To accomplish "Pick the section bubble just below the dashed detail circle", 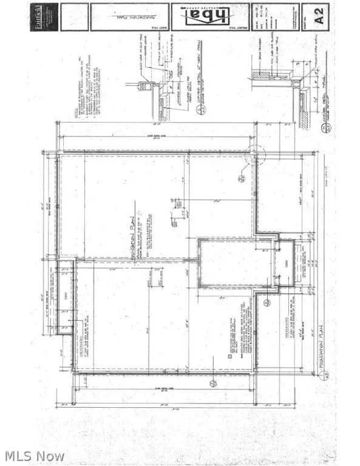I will (x=241, y=178).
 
